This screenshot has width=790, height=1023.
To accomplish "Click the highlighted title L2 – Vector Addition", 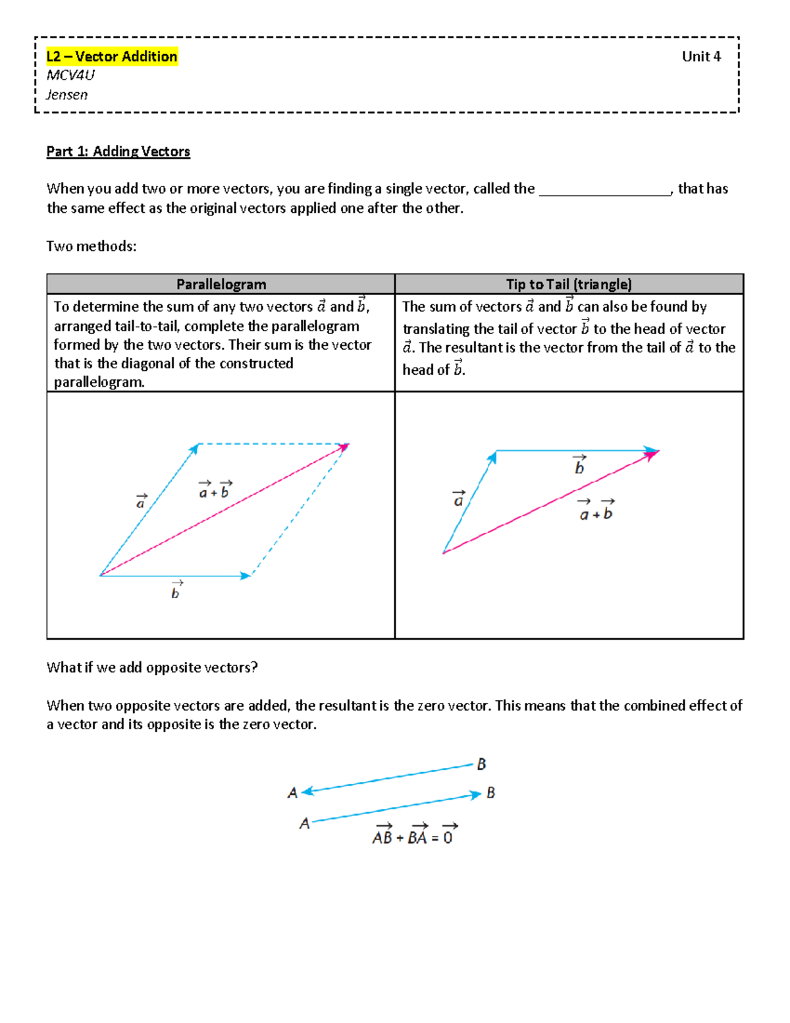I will [112, 57].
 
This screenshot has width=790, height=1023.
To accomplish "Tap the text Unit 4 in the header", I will [701, 57].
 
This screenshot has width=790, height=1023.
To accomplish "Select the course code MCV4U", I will [70, 75].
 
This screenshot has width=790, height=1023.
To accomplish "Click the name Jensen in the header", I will [66, 94].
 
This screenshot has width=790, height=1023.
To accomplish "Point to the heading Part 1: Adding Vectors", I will [118, 152].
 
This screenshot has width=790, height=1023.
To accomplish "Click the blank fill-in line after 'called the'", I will [604, 191].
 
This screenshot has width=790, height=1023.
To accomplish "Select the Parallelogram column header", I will [221, 284].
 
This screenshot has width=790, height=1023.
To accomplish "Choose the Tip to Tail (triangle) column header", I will [569, 284].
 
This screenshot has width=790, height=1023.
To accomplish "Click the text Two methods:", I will [92, 246].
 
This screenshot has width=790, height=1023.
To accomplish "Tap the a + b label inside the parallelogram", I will [215, 490].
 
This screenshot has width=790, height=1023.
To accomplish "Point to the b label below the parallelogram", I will [176, 591].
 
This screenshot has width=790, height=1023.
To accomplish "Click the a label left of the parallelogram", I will [141, 501].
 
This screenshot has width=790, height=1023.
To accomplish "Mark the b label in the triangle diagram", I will [579, 465].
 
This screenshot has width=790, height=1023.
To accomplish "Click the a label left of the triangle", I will [459, 499].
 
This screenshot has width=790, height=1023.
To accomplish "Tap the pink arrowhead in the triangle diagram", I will [652, 455].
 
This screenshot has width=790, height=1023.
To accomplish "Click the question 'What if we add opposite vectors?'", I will [152, 667].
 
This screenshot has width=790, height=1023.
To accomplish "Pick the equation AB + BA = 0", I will [414, 835].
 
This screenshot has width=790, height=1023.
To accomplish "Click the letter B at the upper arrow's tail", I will [481, 764].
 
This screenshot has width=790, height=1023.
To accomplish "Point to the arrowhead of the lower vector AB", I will [476, 796].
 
